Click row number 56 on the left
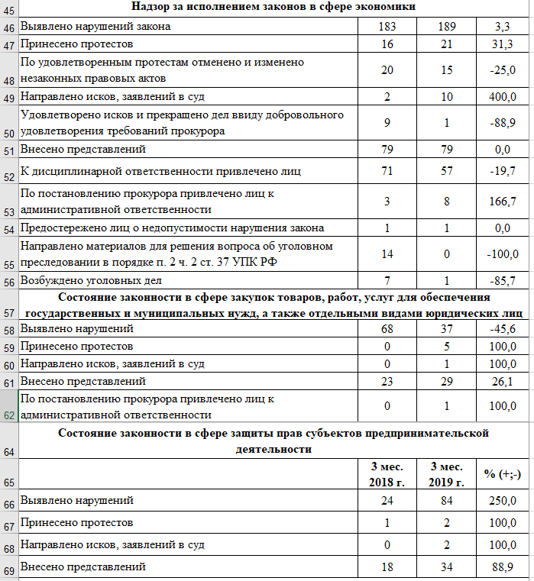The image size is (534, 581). (x=9, y=282)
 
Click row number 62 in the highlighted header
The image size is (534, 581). (x=9, y=415)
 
